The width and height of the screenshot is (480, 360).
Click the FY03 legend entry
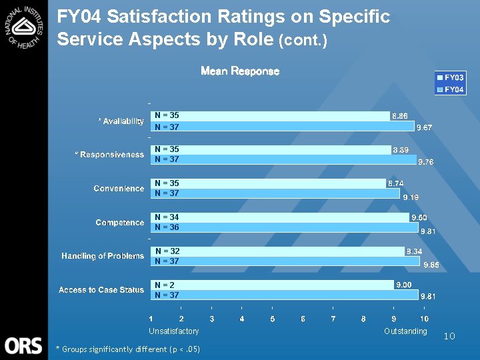click(451, 78)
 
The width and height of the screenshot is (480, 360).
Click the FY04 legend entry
click(451, 89)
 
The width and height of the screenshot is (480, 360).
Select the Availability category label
click(121, 121)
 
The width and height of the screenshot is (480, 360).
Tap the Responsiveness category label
click(109, 155)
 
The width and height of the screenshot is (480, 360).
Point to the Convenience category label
click(119, 189)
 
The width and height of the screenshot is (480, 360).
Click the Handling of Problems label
click(103, 256)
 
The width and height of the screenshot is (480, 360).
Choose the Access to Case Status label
click(101, 290)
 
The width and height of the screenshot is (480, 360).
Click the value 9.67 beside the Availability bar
click(425, 127)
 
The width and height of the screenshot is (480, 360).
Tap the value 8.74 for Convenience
click(396, 183)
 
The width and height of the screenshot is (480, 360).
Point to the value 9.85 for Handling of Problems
click(431, 265)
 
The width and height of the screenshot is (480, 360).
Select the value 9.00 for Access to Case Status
click(404, 285)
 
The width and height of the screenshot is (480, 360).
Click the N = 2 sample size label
click(165, 285)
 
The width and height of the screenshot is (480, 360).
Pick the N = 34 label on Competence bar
click(167, 217)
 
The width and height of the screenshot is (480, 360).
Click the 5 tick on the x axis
click(273, 319)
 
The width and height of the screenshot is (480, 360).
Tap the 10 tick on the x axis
click(424, 319)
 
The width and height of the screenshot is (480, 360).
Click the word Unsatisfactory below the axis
click(173, 331)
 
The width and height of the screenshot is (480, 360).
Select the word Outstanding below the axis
click(405, 331)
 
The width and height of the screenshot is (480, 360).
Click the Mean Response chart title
click(240, 71)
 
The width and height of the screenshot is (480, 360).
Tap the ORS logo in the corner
click(23, 345)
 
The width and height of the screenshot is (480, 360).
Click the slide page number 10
click(449, 337)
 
